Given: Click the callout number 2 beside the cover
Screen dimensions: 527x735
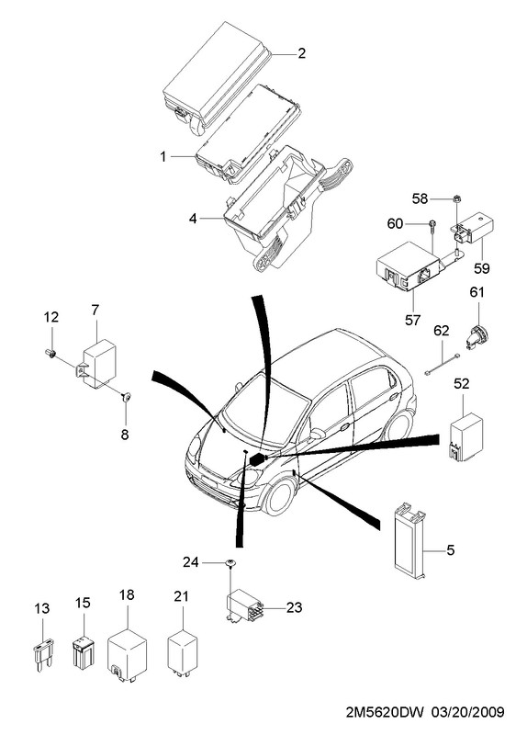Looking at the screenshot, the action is click(x=301, y=53).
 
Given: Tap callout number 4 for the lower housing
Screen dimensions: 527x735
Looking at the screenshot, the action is click(x=193, y=219).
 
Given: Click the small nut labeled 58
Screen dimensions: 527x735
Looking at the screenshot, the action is click(x=455, y=198).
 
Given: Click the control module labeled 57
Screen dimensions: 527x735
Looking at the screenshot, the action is click(x=409, y=266).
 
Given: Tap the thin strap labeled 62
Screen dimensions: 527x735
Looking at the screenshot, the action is click(x=443, y=364).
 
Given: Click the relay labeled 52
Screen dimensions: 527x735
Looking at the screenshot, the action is click(x=465, y=437).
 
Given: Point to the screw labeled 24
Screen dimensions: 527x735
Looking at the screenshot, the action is click(x=230, y=563).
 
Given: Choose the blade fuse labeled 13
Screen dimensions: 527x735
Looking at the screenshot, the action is click(x=43, y=654).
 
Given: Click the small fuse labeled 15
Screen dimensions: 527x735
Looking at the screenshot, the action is click(x=84, y=652).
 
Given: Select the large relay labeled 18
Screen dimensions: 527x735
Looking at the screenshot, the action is click(x=127, y=655).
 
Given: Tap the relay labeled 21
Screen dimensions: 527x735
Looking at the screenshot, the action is click(x=183, y=652).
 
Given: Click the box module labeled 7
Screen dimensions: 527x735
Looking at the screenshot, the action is click(x=98, y=364).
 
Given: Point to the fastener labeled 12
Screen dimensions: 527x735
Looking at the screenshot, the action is click(x=50, y=353).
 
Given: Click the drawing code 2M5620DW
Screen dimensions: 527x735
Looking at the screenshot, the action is click(x=385, y=713).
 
